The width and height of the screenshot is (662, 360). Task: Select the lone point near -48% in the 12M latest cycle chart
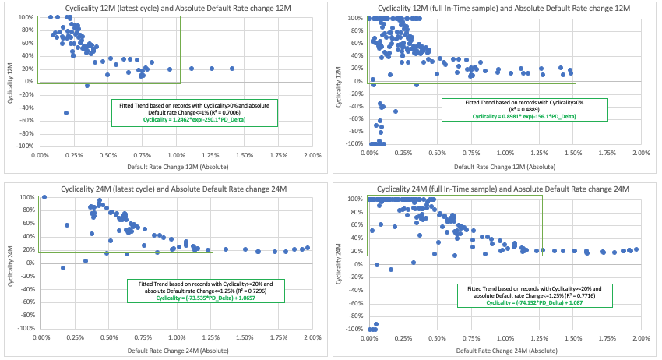coord(66,113)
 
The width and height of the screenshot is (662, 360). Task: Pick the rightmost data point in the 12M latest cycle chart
coord(232,69)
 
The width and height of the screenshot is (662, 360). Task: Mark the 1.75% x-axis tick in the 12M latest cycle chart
coord(278,154)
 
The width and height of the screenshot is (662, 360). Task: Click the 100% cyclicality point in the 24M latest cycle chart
coord(44,197)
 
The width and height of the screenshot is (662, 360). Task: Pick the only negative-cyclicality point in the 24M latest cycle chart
coord(64,268)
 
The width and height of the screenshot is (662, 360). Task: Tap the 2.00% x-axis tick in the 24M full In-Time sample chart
coord(641,339)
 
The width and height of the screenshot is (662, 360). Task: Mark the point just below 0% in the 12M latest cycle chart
coord(87,85)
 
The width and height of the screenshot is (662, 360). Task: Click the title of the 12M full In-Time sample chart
coord(498,7)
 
